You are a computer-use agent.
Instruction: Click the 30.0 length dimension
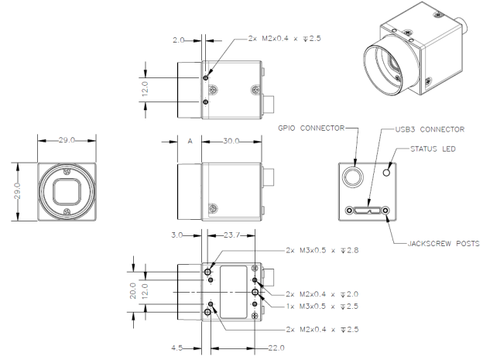pos(231,142)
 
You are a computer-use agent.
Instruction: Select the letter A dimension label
pos(190,142)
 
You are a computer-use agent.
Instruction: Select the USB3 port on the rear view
pos(369,209)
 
